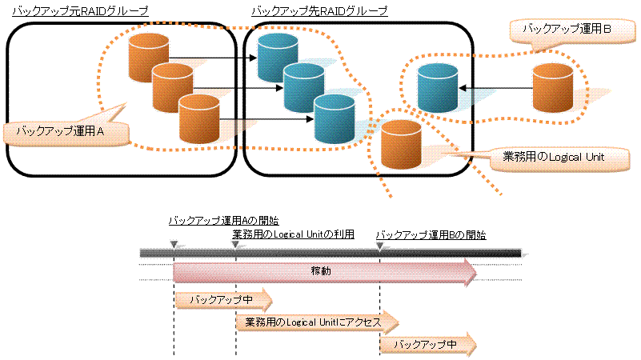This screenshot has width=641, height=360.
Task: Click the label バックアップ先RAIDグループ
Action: click(x=319, y=11)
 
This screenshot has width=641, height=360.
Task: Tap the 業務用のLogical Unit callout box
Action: click(x=552, y=157)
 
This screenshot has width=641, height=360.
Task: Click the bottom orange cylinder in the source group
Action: click(x=199, y=118)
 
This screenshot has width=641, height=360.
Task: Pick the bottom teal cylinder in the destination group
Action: click(x=333, y=117)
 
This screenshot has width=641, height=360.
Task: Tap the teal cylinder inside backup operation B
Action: click(x=438, y=88)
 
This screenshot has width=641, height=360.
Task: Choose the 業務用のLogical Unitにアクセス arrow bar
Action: click(x=317, y=322)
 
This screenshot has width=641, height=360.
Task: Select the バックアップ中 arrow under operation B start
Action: click(x=428, y=344)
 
